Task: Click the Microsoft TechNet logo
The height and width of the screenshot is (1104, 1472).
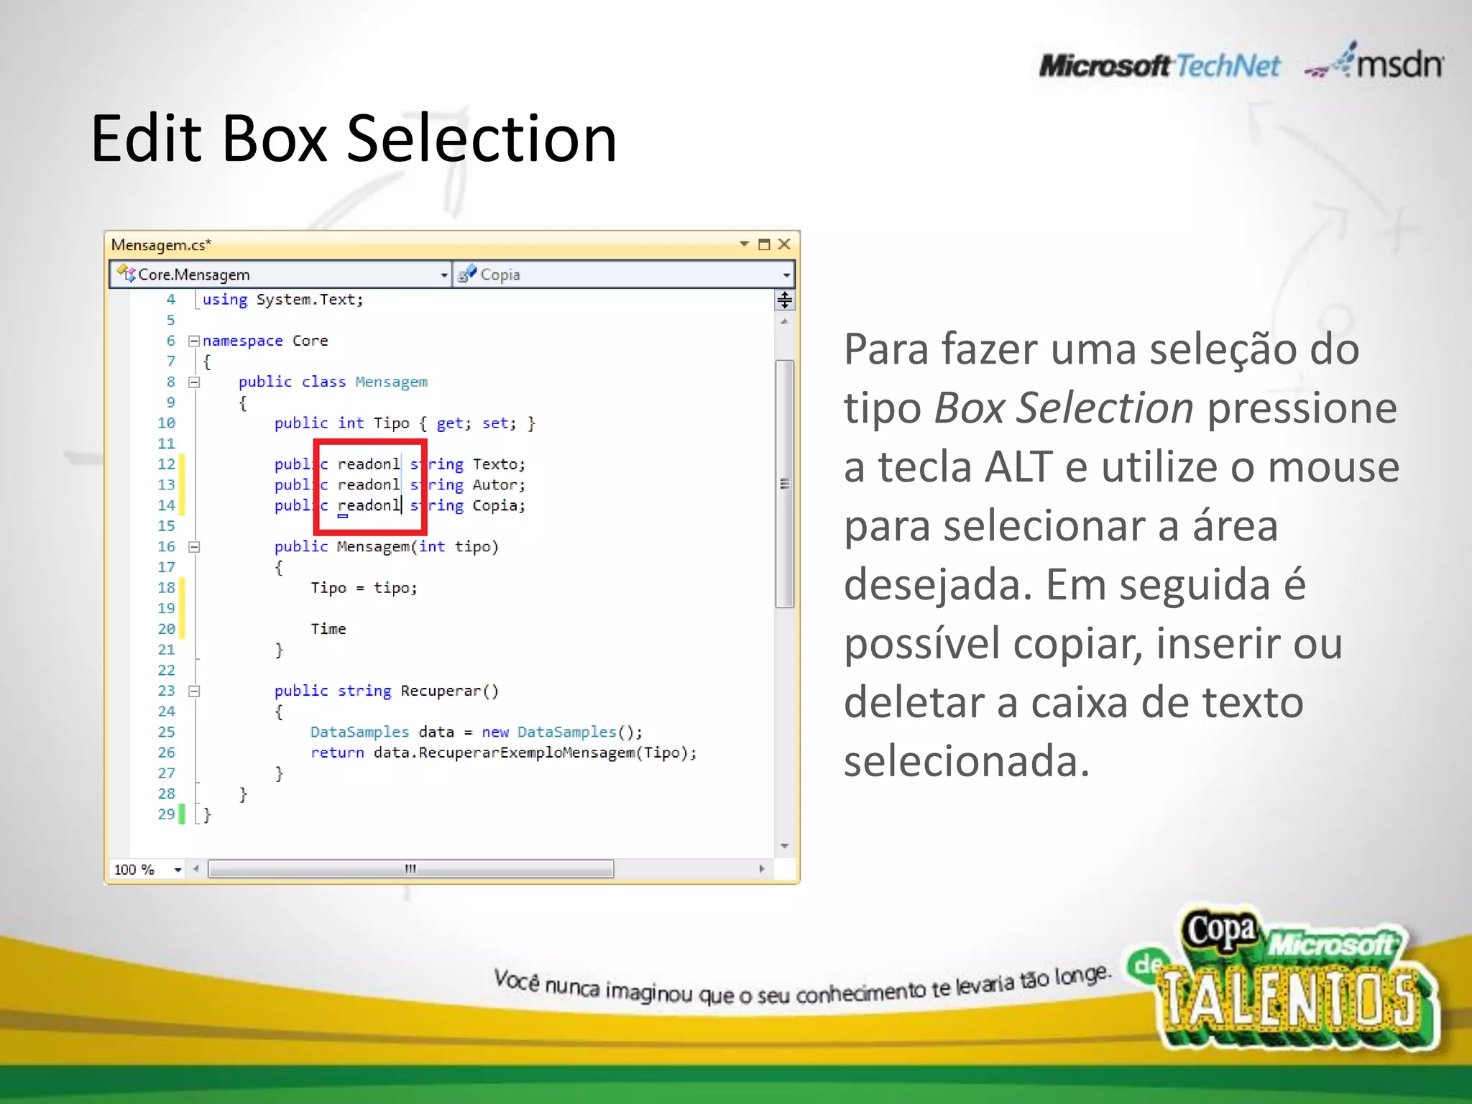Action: [x=1159, y=66]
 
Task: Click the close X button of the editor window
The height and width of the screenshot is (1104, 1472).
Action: [x=784, y=244]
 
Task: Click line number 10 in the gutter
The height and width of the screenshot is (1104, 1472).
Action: [x=166, y=423]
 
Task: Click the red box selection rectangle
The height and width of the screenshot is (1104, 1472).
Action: [x=371, y=442]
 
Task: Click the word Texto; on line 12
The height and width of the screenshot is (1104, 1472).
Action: [x=499, y=464]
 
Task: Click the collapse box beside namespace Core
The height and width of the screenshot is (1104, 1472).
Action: [x=193, y=341]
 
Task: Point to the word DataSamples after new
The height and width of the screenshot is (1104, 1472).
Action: [x=566, y=732]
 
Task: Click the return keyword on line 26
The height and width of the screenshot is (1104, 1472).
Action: [x=337, y=753]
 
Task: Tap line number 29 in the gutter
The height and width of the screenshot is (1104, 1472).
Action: [x=166, y=814]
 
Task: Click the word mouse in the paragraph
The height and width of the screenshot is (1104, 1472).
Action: [x=1333, y=467]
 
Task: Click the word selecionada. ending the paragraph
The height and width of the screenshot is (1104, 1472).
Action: [x=967, y=761]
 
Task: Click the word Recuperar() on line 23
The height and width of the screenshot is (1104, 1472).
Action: [x=449, y=691]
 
